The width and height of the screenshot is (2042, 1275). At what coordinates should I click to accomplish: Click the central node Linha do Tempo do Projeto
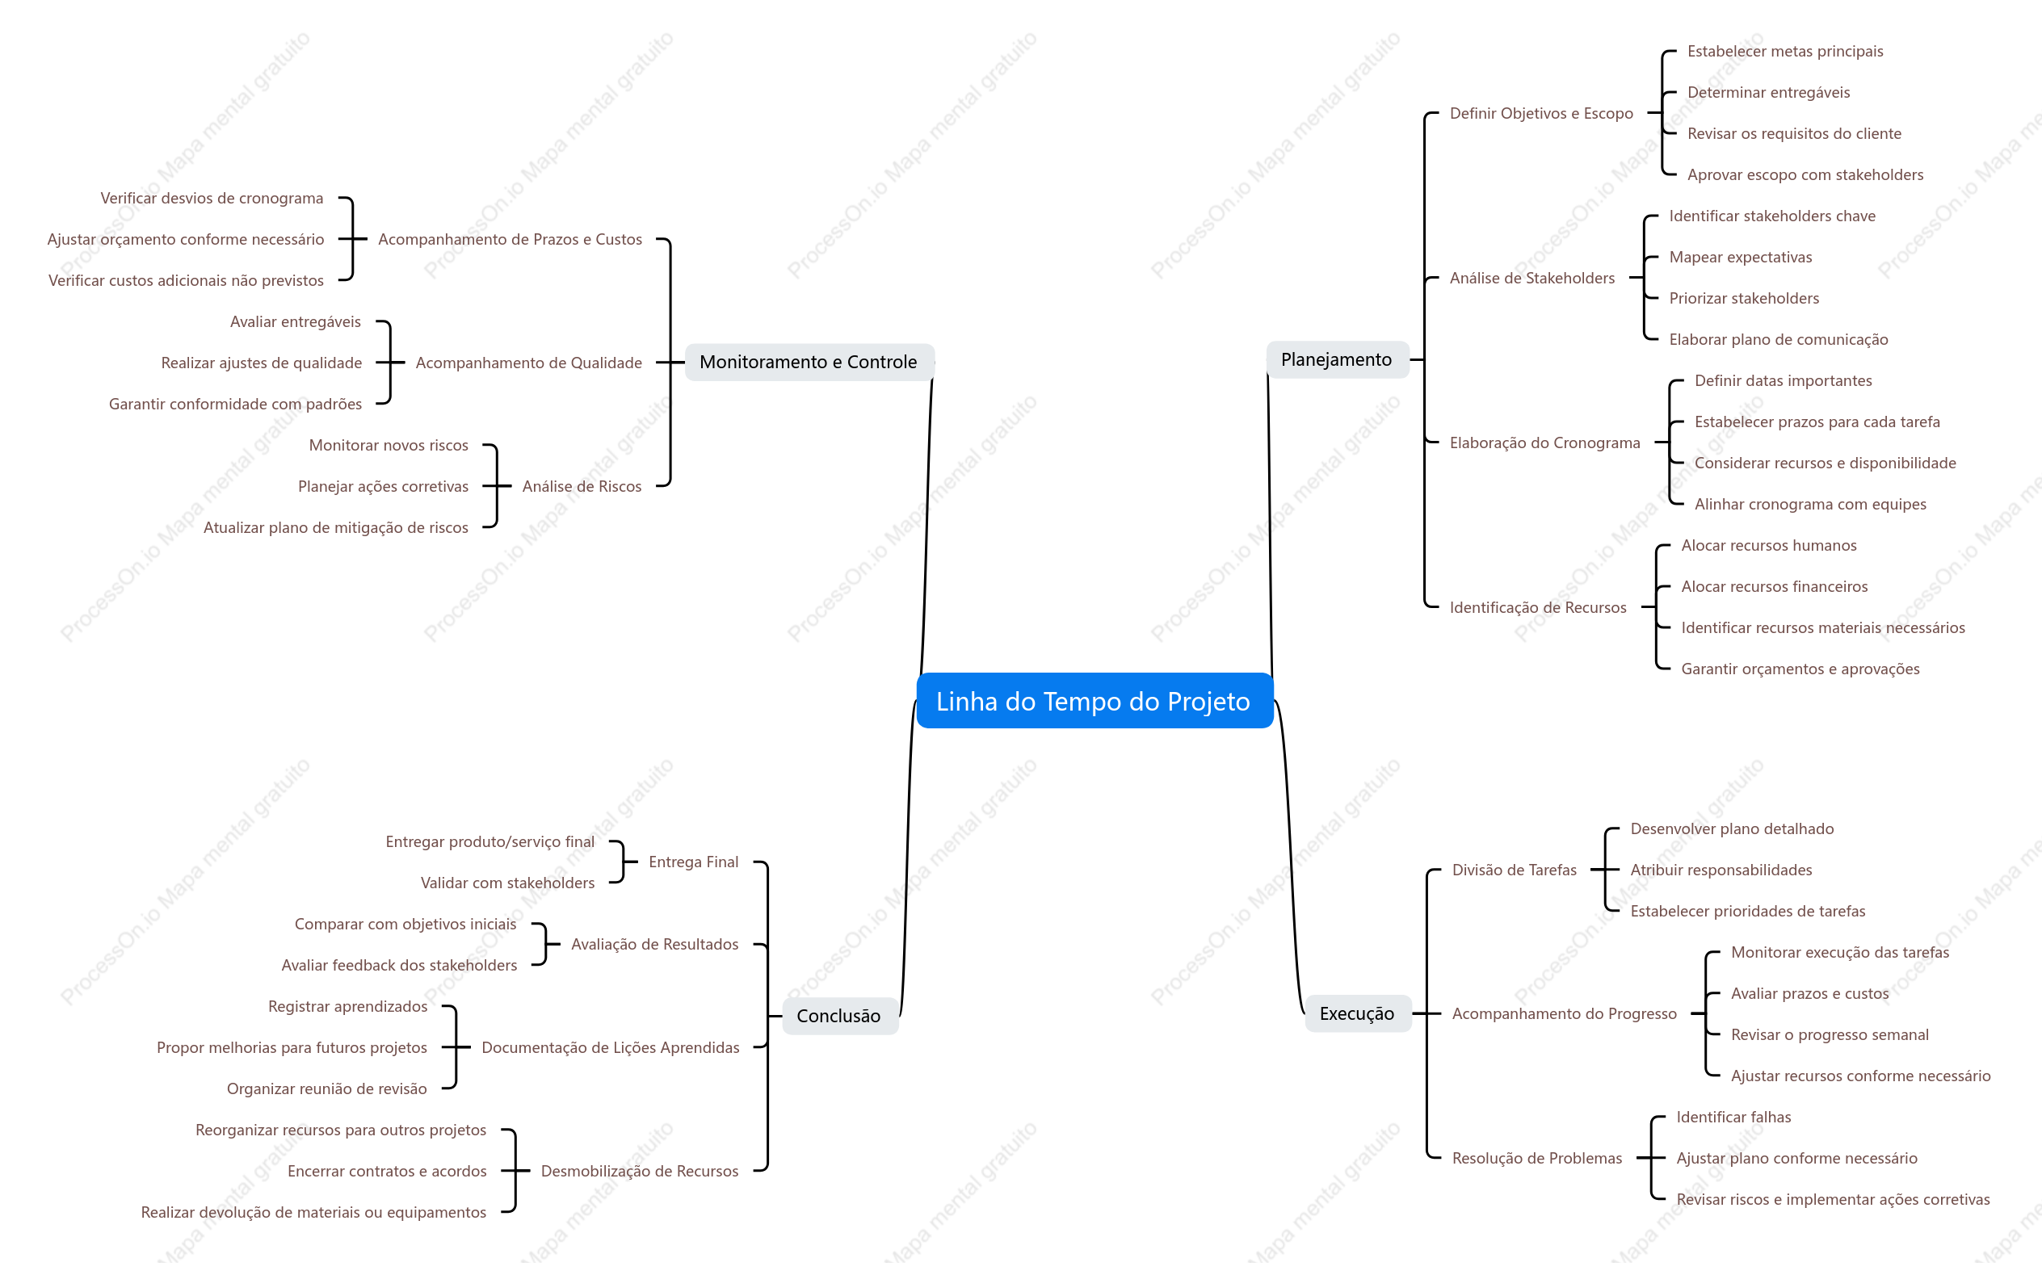pyautogui.click(x=1094, y=701)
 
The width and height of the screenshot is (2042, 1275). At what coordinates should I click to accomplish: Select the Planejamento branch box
pyautogui.click(x=1337, y=360)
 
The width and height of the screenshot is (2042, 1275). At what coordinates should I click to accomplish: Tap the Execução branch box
pyautogui.click(x=1357, y=1013)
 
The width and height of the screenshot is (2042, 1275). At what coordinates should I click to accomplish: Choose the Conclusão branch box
pyautogui.click(x=839, y=1016)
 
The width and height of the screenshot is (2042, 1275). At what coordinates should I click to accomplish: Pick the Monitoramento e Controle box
pyautogui.click(x=809, y=363)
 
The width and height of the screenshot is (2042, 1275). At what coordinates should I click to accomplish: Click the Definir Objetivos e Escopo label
pyautogui.click(x=1541, y=113)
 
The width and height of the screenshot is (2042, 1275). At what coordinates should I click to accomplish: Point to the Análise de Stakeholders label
pyautogui.click(x=1531, y=279)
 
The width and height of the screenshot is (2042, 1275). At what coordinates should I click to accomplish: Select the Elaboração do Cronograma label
pyautogui.click(x=1544, y=442)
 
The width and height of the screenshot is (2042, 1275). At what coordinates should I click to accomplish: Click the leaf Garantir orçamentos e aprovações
pyautogui.click(x=1800, y=669)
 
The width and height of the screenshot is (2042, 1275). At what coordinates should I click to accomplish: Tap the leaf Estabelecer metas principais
pyautogui.click(x=1785, y=52)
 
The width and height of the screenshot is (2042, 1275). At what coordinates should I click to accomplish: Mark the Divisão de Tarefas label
pyautogui.click(x=1514, y=870)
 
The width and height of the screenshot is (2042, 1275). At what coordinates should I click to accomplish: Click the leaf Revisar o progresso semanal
pyautogui.click(x=1830, y=1034)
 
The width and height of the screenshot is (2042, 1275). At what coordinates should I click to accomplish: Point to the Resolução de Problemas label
pyautogui.click(x=1537, y=1159)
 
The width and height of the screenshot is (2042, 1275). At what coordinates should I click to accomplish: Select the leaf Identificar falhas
pyautogui.click(x=1733, y=1118)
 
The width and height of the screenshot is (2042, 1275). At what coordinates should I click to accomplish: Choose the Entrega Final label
pyautogui.click(x=693, y=862)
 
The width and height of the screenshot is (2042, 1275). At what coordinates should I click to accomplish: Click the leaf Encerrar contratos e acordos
pyautogui.click(x=387, y=1172)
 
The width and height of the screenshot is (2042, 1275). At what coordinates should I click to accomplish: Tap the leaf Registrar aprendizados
pyautogui.click(x=347, y=1007)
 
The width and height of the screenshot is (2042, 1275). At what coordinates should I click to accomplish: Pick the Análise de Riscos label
pyautogui.click(x=582, y=487)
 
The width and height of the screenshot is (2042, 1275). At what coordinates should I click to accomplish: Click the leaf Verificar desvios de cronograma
pyautogui.click(x=212, y=198)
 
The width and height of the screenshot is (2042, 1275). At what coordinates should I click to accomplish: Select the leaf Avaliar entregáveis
pyautogui.click(x=295, y=322)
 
